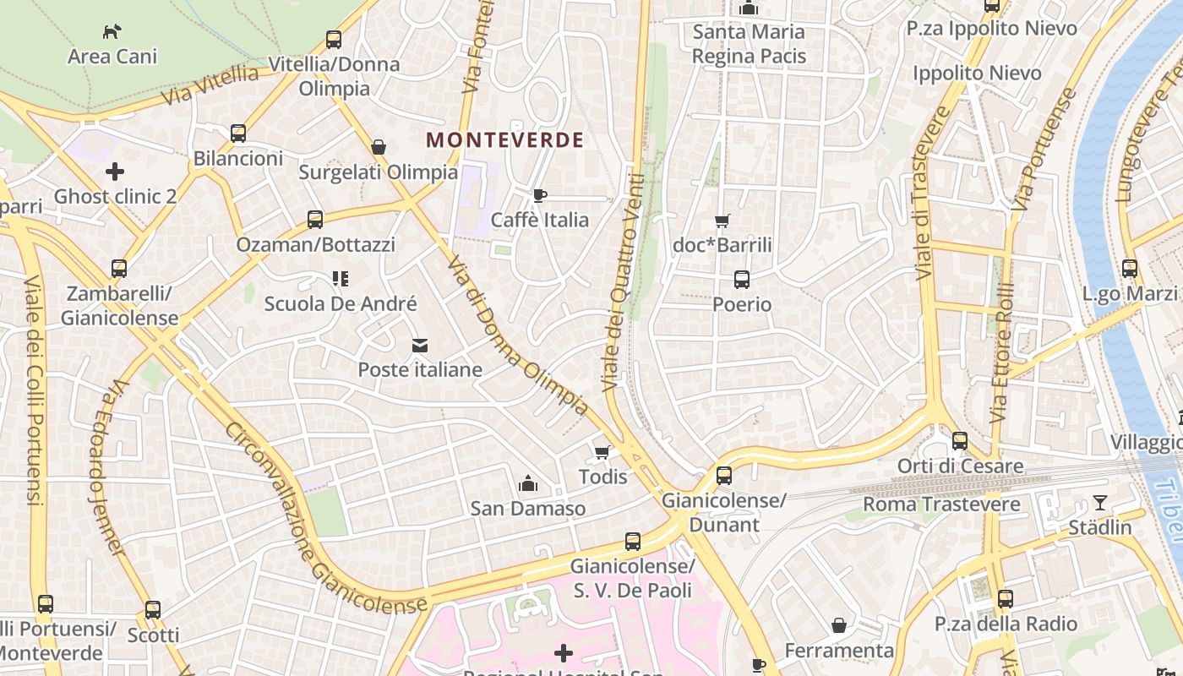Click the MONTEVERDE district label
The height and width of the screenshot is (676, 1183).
coord(504,140)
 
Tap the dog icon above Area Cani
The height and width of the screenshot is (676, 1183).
coord(112,32)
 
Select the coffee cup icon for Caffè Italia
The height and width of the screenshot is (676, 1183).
coord(540,196)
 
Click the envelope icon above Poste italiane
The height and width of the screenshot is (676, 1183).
coord(420,345)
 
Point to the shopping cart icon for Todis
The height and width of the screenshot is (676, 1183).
coord(602,452)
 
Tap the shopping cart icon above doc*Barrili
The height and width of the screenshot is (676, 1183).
coord(722,221)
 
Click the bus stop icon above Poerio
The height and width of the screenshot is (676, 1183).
coord(742,279)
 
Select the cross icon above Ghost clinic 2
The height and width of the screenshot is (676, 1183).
coord(115,172)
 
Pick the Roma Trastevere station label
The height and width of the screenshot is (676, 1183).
coord(929,504)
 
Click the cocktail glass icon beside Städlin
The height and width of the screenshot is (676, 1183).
coord(1099,503)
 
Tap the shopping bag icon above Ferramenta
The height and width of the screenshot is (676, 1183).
coord(839,625)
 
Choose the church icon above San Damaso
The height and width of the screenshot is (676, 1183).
coord(528,483)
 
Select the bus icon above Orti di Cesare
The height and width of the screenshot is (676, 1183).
coord(959,441)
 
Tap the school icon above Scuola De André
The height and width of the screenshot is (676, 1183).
coord(341,278)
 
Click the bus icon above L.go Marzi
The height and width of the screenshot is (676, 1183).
coord(1130,269)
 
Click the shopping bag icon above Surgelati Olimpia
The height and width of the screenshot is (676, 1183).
coord(379,147)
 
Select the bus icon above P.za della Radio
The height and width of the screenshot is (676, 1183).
coord(1005,599)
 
